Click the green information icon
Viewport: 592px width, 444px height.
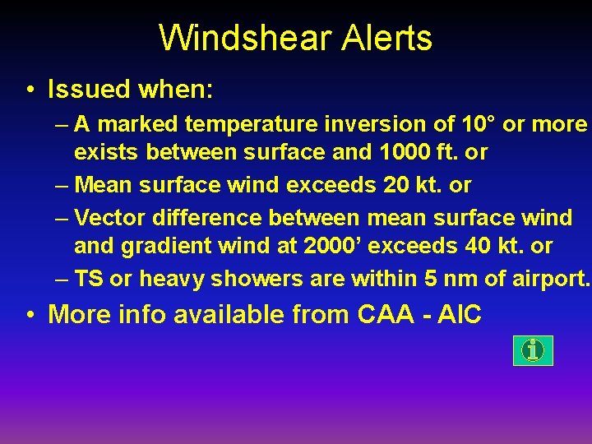point(534,351)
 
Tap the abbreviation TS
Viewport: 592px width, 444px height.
point(89,280)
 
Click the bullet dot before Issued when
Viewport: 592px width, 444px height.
point(30,89)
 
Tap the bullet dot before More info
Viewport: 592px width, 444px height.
point(30,314)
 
